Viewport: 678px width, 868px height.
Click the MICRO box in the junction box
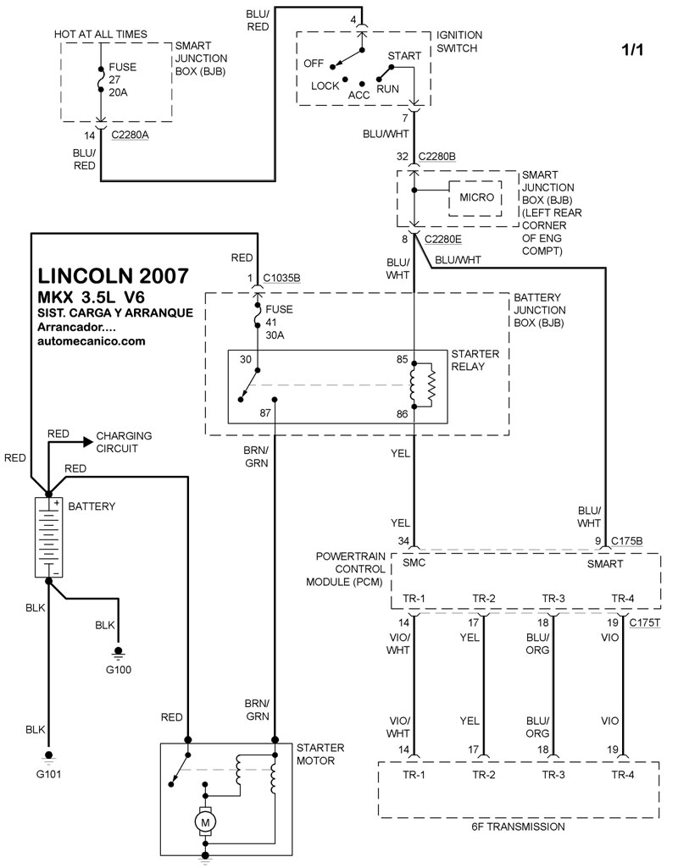(x=476, y=197)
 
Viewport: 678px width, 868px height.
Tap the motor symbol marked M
(x=203, y=820)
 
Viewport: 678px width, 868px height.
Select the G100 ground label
(x=119, y=670)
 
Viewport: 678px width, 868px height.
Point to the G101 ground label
(x=49, y=773)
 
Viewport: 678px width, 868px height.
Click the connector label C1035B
(x=281, y=277)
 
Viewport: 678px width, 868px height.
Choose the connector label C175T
(x=645, y=623)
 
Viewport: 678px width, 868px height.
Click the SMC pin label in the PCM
(x=414, y=563)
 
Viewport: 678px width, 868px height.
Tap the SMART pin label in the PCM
(x=605, y=563)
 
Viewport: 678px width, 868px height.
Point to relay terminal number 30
(x=246, y=359)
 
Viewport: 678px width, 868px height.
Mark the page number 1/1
(x=632, y=49)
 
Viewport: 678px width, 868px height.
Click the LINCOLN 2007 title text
(x=113, y=278)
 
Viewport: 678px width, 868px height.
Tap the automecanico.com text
(x=92, y=340)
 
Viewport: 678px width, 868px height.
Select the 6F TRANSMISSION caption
(x=518, y=827)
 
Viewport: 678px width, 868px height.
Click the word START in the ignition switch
(x=403, y=56)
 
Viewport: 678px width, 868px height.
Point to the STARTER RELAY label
(x=475, y=359)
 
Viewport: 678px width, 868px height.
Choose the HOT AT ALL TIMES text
(x=100, y=34)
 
